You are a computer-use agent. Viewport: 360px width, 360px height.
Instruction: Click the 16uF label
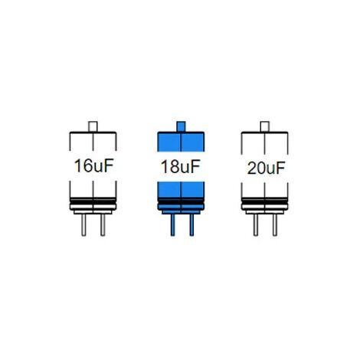tap(93, 165)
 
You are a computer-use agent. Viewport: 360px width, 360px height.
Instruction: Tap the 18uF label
tap(180, 166)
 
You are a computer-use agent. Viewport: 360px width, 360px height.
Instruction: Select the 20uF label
tap(266, 169)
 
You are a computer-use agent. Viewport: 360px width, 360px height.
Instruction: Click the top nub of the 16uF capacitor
tap(93, 126)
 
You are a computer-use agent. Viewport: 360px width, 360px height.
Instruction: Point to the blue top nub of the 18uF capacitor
tap(181, 126)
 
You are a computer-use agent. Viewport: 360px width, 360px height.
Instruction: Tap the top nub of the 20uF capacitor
tap(265, 126)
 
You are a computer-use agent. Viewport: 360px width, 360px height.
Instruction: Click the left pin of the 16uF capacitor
tap(83, 225)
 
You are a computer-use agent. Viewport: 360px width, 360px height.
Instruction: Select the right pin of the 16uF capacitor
tap(103, 225)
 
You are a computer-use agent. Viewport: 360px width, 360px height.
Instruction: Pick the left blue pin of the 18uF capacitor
tap(172, 225)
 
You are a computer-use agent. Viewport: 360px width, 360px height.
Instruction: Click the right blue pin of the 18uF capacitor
tap(191, 225)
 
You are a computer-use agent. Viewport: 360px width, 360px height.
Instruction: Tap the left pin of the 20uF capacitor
tap(255, 225)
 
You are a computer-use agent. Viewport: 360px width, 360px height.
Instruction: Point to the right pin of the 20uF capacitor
tap(274, 225)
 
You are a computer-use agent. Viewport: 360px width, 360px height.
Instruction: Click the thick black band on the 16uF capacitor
tap(93, 201)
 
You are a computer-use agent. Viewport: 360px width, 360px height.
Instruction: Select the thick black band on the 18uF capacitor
tap(181, 201)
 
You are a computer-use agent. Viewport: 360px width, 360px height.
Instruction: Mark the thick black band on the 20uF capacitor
tap(265, 201)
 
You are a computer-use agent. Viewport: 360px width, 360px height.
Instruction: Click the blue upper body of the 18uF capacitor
tap(181, 142)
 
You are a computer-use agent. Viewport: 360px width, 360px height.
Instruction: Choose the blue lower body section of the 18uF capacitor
tap(181, 190)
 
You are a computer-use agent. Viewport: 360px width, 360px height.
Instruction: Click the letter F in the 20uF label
tap(280, 168)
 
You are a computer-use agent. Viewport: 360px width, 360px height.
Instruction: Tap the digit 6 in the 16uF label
tap(87, 166)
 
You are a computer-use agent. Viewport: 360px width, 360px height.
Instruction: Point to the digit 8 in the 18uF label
tap(173, 167)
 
